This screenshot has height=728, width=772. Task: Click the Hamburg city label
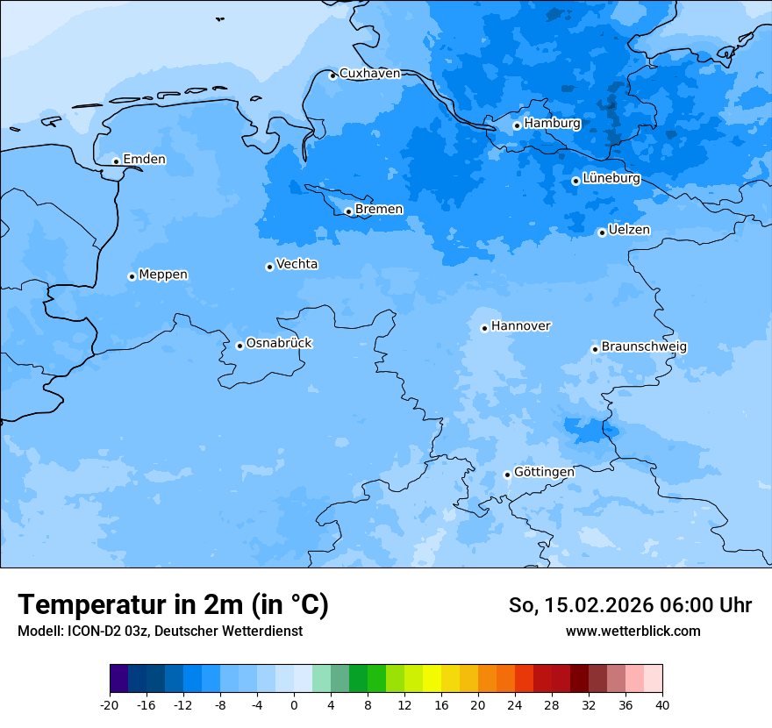(552, 124)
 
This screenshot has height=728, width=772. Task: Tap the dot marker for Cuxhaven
(332, 75)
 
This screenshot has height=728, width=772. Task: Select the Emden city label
(144, 160)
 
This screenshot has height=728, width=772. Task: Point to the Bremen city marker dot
(348, 211)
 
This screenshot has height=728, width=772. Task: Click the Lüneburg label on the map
(611, 179)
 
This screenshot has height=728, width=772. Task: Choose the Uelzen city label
(629, 230)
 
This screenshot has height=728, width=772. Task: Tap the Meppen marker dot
(132, 276)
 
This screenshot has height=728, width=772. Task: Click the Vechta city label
(297, 264)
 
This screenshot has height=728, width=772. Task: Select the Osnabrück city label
(279, 344)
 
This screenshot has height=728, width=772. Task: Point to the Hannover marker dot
(484, 328)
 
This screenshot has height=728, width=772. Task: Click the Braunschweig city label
(644, 347)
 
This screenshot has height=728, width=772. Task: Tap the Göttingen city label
(544, 473)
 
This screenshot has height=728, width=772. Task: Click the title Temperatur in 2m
(173, 604)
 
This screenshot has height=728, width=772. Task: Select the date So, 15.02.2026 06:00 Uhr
(630, 605)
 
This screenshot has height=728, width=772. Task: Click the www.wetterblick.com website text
(633, 632)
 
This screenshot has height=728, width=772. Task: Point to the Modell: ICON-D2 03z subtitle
(160, 632)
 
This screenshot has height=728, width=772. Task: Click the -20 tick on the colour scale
(110, 705)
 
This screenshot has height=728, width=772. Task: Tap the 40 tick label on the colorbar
(662, 705)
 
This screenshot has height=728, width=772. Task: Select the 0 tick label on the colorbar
(294, 705)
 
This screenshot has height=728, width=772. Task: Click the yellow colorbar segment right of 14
(432, 679)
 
